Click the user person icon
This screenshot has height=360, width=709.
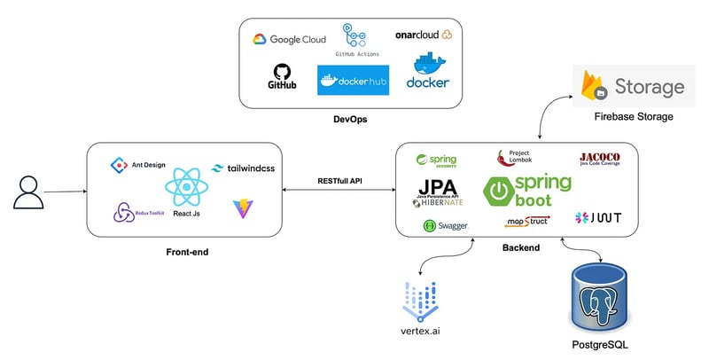27,192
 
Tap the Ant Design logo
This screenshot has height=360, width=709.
133,165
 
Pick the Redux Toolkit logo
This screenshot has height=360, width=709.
134,213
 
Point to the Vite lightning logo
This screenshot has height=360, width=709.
241,209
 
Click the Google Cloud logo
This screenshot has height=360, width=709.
289,39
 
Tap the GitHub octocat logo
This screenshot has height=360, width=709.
282,77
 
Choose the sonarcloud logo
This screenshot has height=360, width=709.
424,35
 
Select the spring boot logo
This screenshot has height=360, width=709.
527,191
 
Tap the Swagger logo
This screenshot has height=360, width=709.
445,226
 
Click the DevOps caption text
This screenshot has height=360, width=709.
352,117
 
